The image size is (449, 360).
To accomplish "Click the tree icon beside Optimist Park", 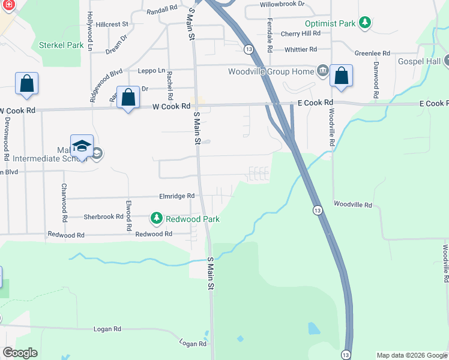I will click(364, 23).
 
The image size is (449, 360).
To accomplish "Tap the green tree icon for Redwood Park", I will click(157, 218).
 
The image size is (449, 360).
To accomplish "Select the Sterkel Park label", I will click(61, 45).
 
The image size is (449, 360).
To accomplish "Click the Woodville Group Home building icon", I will click(322, 71).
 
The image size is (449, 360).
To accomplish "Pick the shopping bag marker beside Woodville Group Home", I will click(341, 76).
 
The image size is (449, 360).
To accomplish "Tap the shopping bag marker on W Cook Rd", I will click(128, 98).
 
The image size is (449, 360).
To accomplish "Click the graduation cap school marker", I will click(82, 146).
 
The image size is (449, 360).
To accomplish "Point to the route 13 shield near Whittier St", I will click(248, 49).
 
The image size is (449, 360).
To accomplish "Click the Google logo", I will click(20, 353).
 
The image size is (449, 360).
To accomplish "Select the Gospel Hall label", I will click(418, 61).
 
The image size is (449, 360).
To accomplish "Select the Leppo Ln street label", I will click(151, 70).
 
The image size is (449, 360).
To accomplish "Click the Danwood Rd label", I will click(376, 79).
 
